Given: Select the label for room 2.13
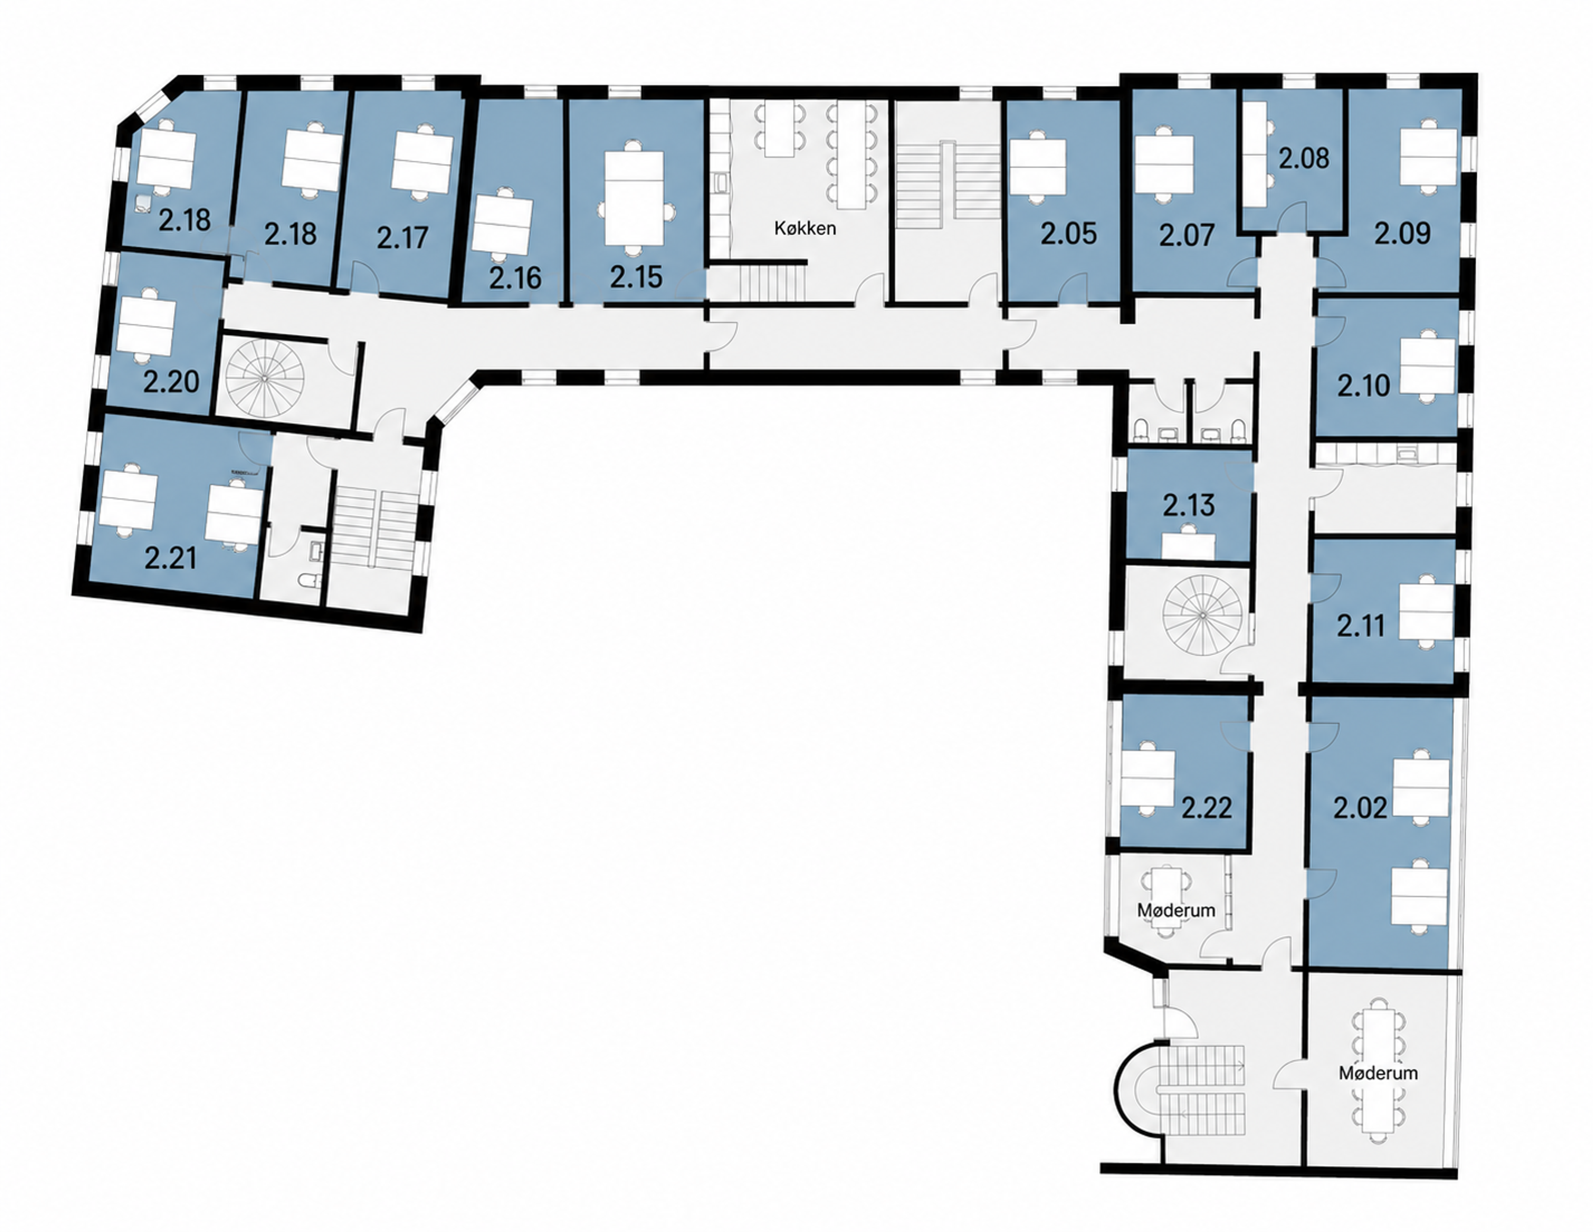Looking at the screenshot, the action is [x=1189, y=505].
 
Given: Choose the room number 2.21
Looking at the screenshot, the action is [x=171, y=559].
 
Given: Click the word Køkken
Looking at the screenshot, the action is [x=805, y=228].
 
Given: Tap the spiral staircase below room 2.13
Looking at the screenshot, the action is [x=1201, y=614].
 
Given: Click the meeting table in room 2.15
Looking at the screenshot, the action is [x=635, y=198].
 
